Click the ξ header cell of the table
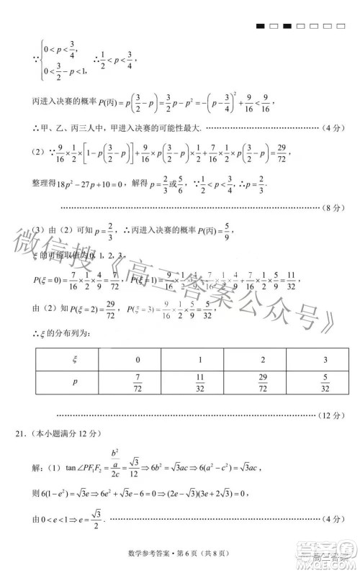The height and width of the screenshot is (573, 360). (x=76, y=358)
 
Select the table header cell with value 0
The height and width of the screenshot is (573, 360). (x=138, y=358)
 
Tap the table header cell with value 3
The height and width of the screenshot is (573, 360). (x=325, y=358)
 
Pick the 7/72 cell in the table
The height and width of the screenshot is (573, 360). (x=138, y=382)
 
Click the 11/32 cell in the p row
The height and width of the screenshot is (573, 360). (x=201, y=382)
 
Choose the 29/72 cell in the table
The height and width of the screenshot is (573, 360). (x=264, y=382)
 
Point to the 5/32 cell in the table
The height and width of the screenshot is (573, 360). (x=325, y=382)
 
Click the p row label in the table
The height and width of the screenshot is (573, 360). (x=76, y=382)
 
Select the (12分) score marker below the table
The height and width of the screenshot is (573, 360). (x=332, y=415)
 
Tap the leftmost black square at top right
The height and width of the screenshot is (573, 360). (x=260, y=27)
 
